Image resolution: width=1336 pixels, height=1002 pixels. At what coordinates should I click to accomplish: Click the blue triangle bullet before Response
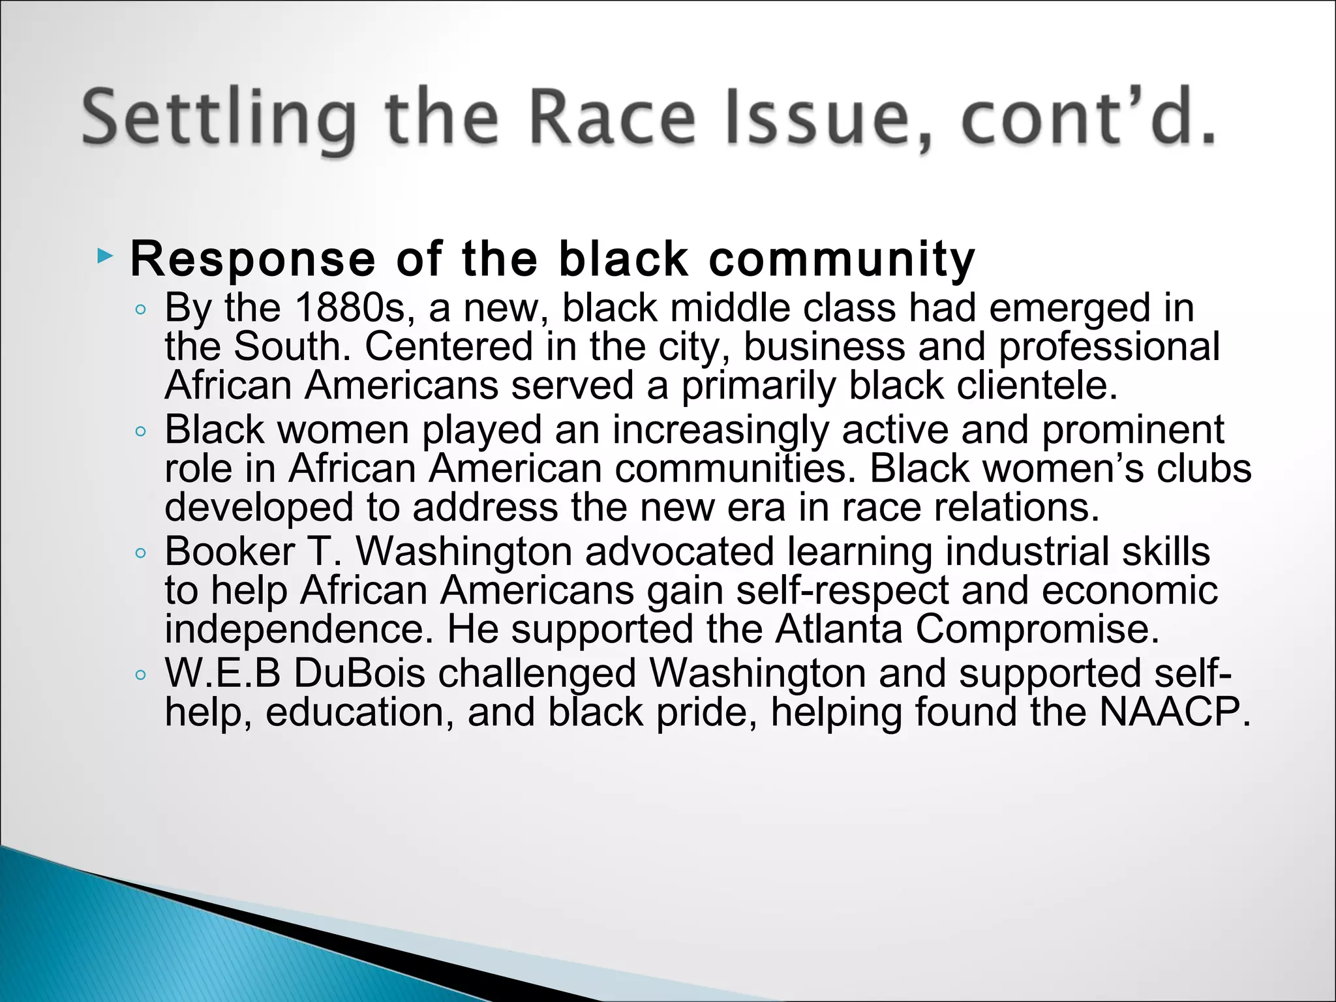tap(104, 256)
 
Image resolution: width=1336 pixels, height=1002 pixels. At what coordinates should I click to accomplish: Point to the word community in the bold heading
tap(842, 260)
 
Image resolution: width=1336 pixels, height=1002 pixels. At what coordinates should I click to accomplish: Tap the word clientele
tap(1037, 385)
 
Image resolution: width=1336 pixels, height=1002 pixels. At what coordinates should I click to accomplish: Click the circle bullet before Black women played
tap(140, 431)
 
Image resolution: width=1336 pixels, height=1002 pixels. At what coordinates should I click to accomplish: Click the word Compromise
tap(1037, 629)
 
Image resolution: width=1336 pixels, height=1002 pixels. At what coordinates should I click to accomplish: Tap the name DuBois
tap(359, 673)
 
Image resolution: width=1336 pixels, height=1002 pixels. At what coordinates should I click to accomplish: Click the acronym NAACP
tap(1174, 712)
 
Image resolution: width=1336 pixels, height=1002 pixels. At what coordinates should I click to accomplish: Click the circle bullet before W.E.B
tap(140, 675)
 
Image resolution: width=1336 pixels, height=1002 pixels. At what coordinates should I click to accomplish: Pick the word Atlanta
tap(839, 629)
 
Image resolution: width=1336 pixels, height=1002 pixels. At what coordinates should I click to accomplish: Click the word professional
tap(1109, 346)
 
